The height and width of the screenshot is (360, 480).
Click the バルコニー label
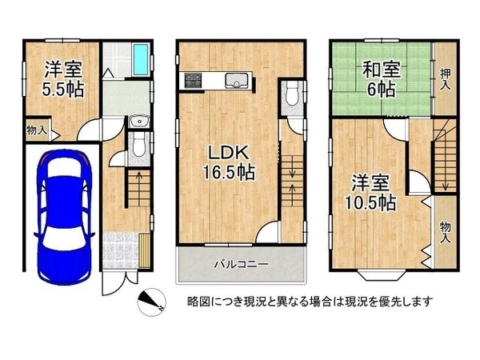point(241,263)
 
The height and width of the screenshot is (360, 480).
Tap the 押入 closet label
point(445,78)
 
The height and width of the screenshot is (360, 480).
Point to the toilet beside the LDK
point(291,98)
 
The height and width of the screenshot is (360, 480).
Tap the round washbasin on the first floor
point(138,122)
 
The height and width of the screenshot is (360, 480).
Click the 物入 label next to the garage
point(37,128)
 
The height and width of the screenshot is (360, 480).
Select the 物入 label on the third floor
point(445,232)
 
